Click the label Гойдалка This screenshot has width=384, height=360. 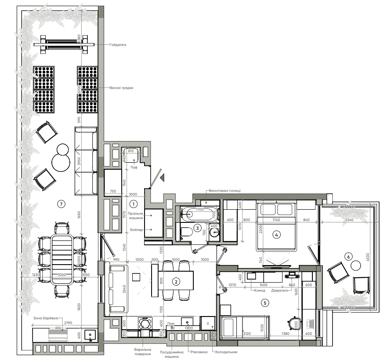click(118, 44)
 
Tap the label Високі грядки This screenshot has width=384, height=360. click(121, 88)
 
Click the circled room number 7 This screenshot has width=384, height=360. click(62, 203)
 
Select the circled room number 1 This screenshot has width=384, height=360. click(134, 204)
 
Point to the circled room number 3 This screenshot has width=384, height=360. click(198, 228)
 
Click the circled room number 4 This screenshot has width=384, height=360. click(276, 234)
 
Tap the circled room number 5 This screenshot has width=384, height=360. click(264, 302)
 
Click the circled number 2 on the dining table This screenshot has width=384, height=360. click(176, 282)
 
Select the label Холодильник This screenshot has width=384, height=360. click(226, 352)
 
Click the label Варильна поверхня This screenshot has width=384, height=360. click(143, 351)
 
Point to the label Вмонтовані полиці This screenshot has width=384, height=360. click(224, 191)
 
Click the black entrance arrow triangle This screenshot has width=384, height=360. click(162, 177)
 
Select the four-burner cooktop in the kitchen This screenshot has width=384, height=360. click(145, 324)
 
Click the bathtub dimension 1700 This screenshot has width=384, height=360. click(199, 210)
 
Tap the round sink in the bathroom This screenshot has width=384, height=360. click(214, 233)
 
